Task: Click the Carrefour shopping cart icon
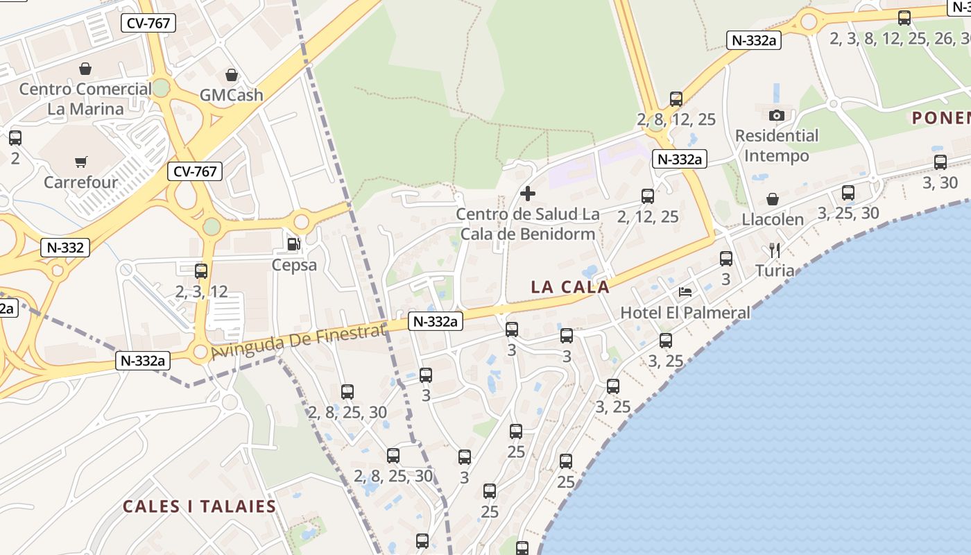[81, 162]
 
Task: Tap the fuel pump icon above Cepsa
[294, 244]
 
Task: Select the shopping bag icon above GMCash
[232, 75]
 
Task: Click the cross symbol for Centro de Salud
[528, 194]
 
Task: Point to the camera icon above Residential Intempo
[777, 115]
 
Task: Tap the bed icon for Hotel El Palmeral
[685, 292]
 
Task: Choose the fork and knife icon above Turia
[775, 250]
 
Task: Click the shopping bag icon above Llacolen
[773, 199]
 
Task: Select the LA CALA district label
[570, 287]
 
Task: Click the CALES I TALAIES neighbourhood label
[200, 506]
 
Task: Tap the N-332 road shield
[66, 248]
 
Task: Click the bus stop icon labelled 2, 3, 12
[201, 271]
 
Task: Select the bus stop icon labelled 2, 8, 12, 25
[676, 99]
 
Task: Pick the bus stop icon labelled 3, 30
[940, 162]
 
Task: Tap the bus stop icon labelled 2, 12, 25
[648, 196]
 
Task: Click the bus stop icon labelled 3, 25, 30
[848, 193]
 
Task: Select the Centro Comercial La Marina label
[85, 99]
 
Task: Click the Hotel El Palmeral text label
[685, 313]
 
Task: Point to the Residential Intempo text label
[777, 146]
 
